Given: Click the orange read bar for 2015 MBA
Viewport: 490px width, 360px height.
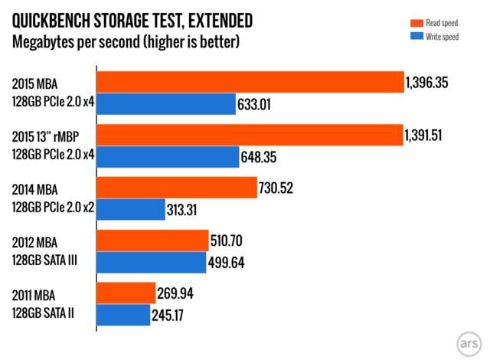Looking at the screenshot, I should (250, 82).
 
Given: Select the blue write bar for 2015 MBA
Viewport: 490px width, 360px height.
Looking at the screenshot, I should (166, 103).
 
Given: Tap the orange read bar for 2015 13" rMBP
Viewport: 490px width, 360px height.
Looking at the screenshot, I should (249, 135).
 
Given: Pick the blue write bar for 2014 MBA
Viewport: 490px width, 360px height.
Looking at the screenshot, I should (131, 209).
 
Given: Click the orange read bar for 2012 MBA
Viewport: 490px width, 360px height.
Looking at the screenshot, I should (152, 241).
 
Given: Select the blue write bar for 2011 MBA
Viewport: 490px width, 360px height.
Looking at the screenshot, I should (123, 315).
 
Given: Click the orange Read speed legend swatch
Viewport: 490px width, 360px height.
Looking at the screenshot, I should (397, 24).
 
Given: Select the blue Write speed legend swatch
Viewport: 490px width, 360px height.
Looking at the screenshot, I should (397, 37).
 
